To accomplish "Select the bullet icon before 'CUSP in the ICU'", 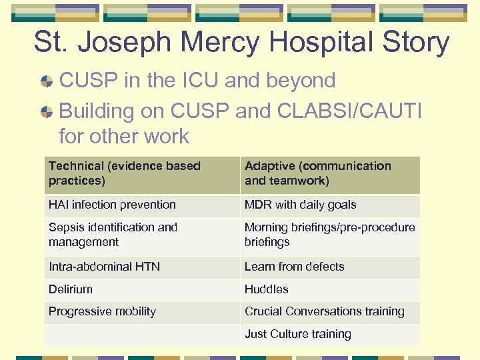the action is (x=47, y=82).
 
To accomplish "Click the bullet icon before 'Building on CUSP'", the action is (x=47, y=110).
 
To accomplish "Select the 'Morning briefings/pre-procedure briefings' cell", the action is (x=329, y=235).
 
